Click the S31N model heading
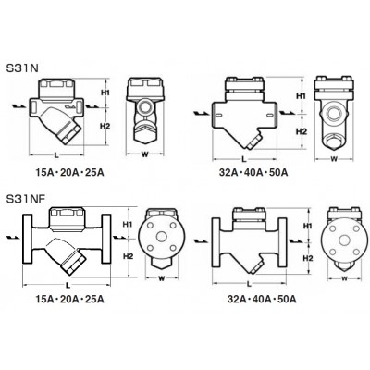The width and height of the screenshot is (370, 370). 22,68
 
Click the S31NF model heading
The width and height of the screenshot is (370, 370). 26,199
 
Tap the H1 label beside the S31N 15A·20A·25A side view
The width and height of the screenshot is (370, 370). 105,92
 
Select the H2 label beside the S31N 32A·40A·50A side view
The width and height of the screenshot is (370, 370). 302,131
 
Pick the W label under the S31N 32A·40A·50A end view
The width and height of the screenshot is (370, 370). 334,159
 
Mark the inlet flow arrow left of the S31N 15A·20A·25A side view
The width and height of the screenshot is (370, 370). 18,106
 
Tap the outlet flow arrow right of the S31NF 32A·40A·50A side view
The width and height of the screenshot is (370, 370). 295,240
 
